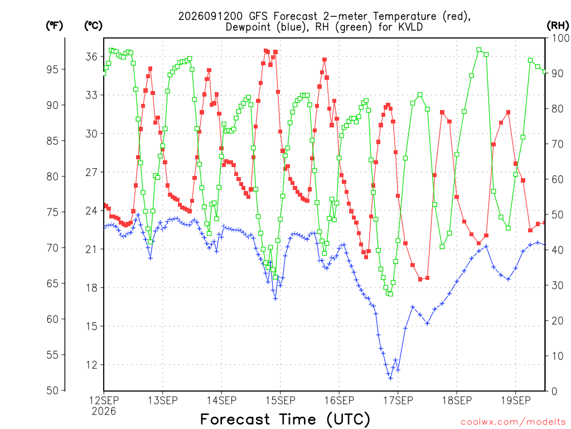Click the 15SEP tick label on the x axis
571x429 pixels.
[x=280, y=401]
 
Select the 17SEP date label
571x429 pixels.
[x=398, y=401]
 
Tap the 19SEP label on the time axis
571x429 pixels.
[x=516, y=401]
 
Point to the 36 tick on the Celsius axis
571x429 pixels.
[x=91, y=56]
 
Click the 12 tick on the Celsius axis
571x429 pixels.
[x=91, y=365]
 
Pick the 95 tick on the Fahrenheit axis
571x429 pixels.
[x=52, y=69]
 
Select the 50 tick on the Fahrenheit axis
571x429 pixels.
[x=52, y=390]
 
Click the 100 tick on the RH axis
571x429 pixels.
[x=560, y=38]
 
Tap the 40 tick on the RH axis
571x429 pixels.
[x=557, y=250]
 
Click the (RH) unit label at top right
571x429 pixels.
[x=558, y=26]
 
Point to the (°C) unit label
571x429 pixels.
[x=93, y=26]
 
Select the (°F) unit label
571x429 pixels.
[x=54, y=26]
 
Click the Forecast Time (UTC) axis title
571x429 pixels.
[x=285, y=419]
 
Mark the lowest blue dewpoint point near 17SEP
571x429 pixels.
[x=391, y=378]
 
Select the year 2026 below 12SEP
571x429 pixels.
[x=104, y=412]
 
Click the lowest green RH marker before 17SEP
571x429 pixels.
[x=391, y=294]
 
